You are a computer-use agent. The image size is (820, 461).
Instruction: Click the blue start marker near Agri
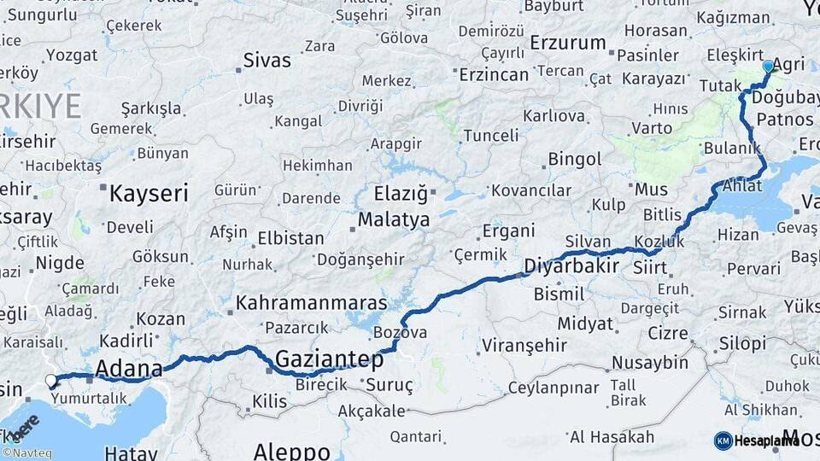(x=767, y=66)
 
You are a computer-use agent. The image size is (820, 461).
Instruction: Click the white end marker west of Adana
(x=51, y=381)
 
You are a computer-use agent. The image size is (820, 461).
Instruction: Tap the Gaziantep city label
(x=329, y=359)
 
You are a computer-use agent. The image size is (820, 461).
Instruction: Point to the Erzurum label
(x=567, y=43)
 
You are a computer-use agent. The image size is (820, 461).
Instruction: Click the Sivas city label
(x=266, y=61)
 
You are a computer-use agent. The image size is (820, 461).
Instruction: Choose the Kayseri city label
(x=149, y=193)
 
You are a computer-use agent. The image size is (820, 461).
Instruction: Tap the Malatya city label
(x=393, y=219)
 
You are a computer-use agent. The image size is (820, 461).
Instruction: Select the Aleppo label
(x=291, y=451)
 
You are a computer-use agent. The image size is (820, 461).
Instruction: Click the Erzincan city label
(x=494, y=75)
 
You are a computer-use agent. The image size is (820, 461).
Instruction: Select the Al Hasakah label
(x=612, y=437)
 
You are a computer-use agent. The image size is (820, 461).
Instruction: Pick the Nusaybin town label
(x=649, y=363)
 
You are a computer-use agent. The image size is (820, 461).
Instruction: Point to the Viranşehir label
(x=524, y=346)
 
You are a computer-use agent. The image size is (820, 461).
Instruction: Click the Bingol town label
(x=574, y=160)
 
